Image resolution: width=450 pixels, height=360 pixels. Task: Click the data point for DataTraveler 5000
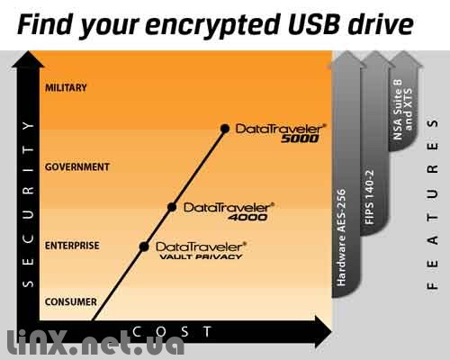tap(225, 129)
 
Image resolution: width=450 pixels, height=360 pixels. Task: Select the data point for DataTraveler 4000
tap(172, 207)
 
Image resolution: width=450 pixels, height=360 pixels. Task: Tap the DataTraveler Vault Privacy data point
tap(144, 247)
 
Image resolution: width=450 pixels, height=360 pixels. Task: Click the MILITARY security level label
tap(66, 88)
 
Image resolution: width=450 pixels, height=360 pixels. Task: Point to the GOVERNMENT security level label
tap(77, 166)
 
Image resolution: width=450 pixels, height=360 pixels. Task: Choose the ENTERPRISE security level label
tap(72, 246)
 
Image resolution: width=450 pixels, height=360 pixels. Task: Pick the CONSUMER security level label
tap(71, 301)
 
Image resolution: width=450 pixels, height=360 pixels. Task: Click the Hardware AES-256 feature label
tap(342, 238)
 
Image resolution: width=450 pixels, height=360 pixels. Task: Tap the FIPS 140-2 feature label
tap(370, 197)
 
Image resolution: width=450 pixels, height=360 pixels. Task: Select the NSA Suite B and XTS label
tap(403, 110)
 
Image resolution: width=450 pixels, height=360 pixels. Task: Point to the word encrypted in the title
tap(212, 26)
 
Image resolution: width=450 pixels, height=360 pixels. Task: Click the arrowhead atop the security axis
tap(28, 58)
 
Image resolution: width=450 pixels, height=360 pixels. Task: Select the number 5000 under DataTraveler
tap(300, 139)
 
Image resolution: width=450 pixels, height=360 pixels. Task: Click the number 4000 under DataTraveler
tap(247, 217)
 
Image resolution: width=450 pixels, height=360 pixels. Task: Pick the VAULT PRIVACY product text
tap(201, 256)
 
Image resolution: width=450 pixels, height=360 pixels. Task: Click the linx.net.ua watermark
tap(96, 343)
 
